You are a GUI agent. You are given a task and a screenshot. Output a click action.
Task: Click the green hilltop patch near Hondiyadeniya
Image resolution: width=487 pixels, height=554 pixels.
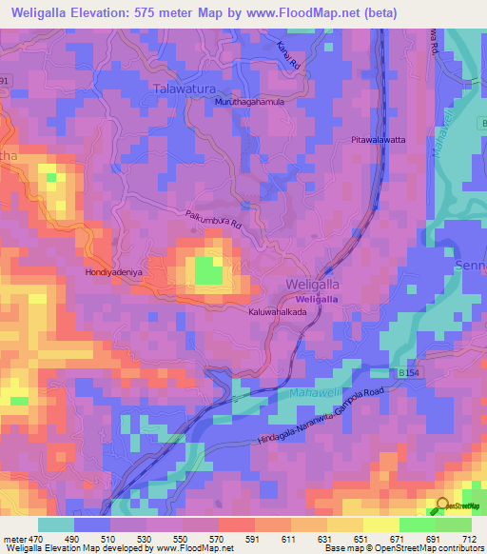tap(208, 271)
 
